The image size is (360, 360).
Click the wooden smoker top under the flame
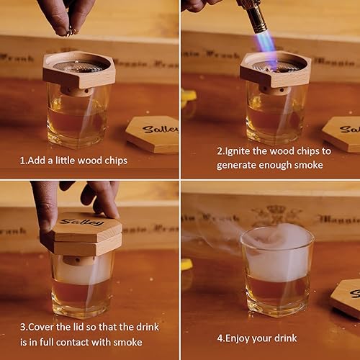pos(274,71)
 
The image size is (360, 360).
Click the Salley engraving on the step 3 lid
pos(81,222)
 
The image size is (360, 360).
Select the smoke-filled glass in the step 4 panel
pos(277,270)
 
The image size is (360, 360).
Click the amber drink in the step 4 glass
pos(277,292)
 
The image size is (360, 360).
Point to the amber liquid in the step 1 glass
pos(76,122)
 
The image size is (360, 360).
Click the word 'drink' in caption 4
pos(284,338)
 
